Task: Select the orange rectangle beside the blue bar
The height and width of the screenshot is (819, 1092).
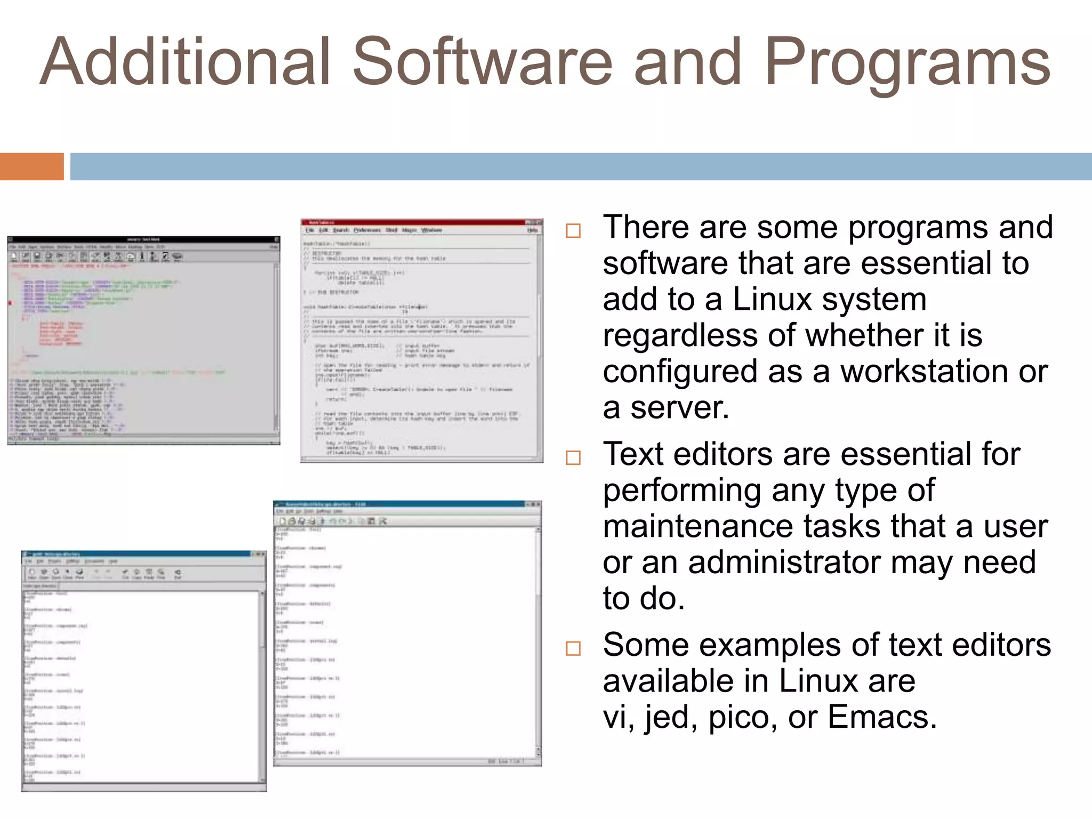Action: (31, 166)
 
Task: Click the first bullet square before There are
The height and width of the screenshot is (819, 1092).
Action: (573, 231)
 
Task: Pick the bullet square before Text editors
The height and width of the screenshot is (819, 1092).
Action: (573, 457)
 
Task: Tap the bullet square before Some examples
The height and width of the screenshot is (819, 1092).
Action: (573, 648)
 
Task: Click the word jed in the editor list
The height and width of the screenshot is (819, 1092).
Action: (671, 717)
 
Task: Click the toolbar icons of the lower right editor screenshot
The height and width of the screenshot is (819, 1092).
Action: (331, 521)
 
